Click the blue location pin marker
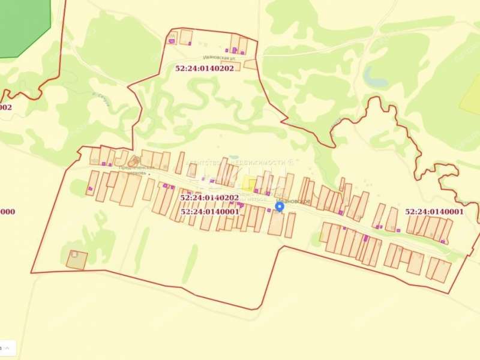coord(279,206)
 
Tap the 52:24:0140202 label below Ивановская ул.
coord(205,68)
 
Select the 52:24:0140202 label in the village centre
coord(209,197)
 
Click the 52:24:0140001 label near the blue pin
coord(209,211)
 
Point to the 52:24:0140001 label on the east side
coord(434,212)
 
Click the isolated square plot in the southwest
coord(76,260)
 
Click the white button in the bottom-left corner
coord(8,347)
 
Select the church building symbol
coord(133,160)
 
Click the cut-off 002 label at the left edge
coord(5,107)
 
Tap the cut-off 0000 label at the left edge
coord(7,211)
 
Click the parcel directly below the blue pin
coord(276,223)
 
